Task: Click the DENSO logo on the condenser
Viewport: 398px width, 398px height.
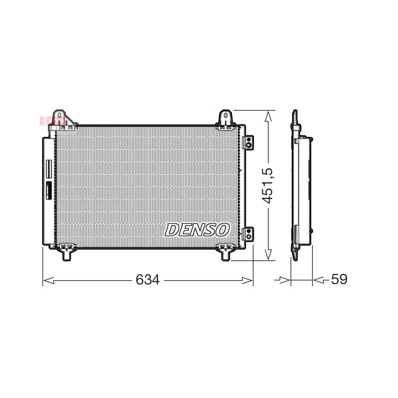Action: click(197, 230)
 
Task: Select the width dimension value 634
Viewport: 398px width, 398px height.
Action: click(147, 280)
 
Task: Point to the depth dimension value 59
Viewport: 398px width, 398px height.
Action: click(339, 279)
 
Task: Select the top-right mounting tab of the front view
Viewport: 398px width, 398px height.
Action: click(226, 118)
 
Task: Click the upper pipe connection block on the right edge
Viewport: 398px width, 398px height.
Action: click(248, 142)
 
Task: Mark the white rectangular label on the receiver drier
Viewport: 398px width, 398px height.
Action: click(49, 169)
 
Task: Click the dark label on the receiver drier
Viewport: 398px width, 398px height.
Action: click(49, 190)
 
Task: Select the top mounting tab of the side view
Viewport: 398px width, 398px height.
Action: click(295, 117)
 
